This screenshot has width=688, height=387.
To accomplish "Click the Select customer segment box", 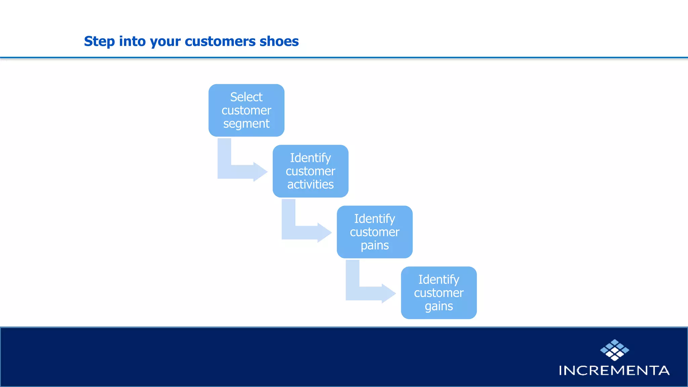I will [246, 110].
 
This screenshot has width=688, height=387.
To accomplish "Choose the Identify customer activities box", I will [310, 171].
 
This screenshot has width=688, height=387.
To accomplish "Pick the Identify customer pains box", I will [375, 232].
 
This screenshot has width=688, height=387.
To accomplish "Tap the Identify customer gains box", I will [439, 293].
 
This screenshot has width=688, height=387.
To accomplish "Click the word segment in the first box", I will [246, 124].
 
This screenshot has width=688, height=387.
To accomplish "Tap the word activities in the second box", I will [310, 184].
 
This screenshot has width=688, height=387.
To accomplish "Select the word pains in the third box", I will [375, 246].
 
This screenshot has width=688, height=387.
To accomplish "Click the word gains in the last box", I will [439, 306].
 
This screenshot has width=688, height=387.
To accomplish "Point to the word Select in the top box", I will [246, 97].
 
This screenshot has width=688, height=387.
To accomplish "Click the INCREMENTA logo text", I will [614, 371].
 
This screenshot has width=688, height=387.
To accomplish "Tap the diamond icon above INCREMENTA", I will [614, 350].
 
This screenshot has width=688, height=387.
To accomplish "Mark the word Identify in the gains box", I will [439, 279].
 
